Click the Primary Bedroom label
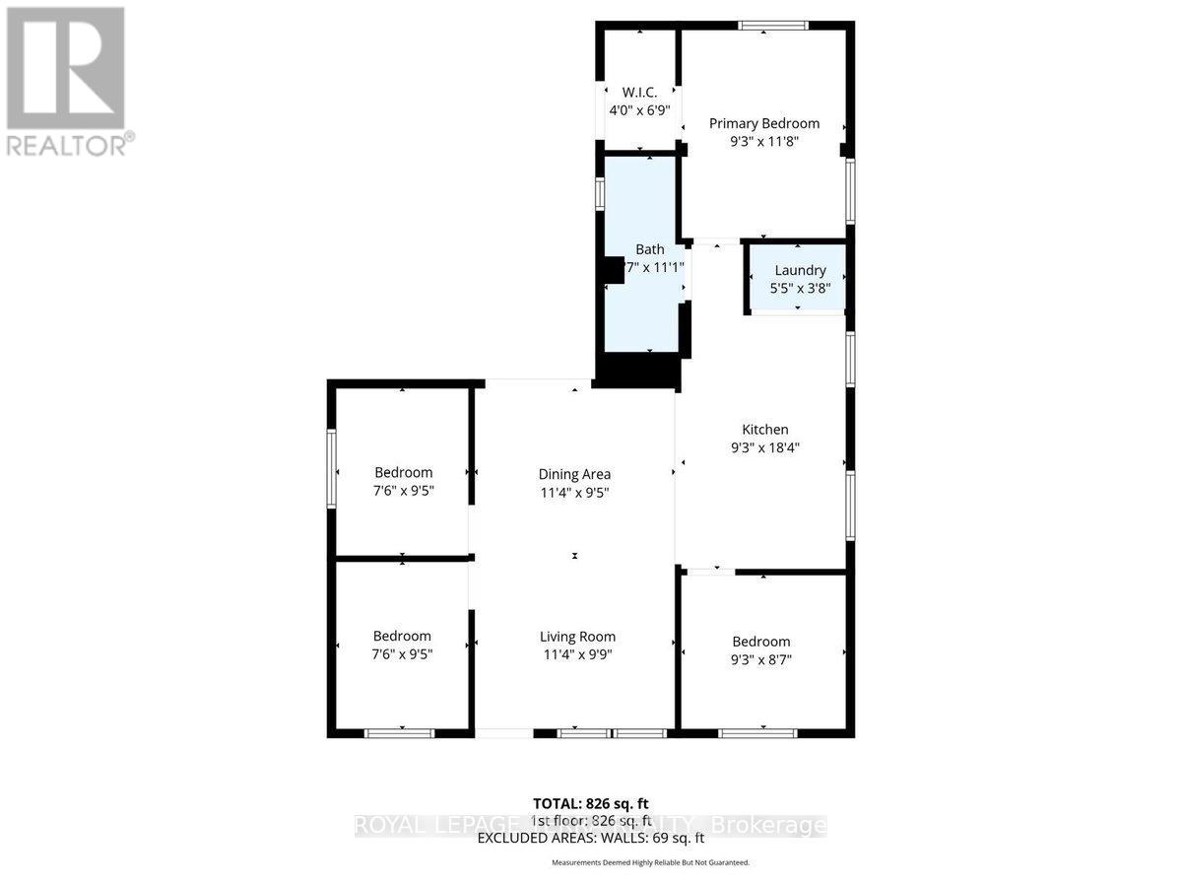[x=764, y=123]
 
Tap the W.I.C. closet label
[x=639, y=93]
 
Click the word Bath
[x=649, y=249]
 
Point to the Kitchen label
[x=764, y=430]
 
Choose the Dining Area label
[x=574, y=474]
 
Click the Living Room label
[x=577, y=637]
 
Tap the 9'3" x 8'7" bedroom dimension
[x=761, y=659]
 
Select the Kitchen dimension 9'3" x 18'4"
[x=764, y=447]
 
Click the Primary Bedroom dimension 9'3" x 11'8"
[x=764, y=141]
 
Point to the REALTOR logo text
[x=68, y=145]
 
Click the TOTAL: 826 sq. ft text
[x=590, y=803]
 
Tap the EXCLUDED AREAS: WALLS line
[x=590, y=839]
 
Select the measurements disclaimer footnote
[x=650, y=862]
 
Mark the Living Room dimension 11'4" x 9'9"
[x=577, y=654]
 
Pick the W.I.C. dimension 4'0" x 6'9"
[x=639, y=110]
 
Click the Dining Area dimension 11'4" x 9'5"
[x=574, y=492]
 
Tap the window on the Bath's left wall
[x=599, y=192]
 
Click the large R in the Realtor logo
[x=66, y=66]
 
